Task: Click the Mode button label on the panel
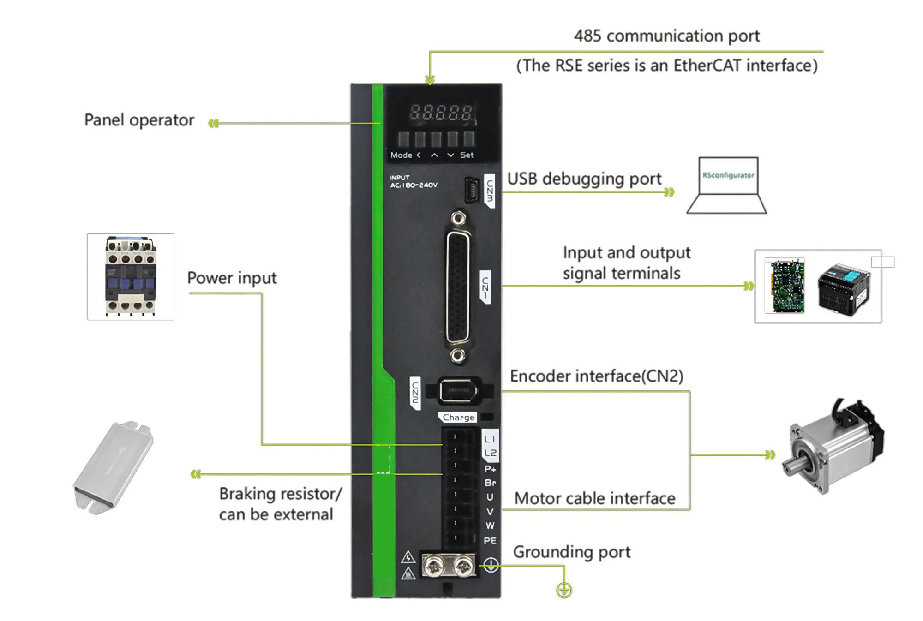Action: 401,155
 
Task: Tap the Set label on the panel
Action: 467,155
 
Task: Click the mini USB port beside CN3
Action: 471,190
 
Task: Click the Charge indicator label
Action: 458,417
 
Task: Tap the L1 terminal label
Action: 490,439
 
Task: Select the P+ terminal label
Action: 490,469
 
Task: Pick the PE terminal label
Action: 490,540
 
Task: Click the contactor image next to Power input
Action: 131,276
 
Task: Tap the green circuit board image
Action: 785,286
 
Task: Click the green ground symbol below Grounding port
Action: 564,590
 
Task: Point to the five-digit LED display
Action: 441,113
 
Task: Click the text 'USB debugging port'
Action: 584,179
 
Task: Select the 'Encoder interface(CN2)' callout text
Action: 596,376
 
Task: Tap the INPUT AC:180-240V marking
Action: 413,181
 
